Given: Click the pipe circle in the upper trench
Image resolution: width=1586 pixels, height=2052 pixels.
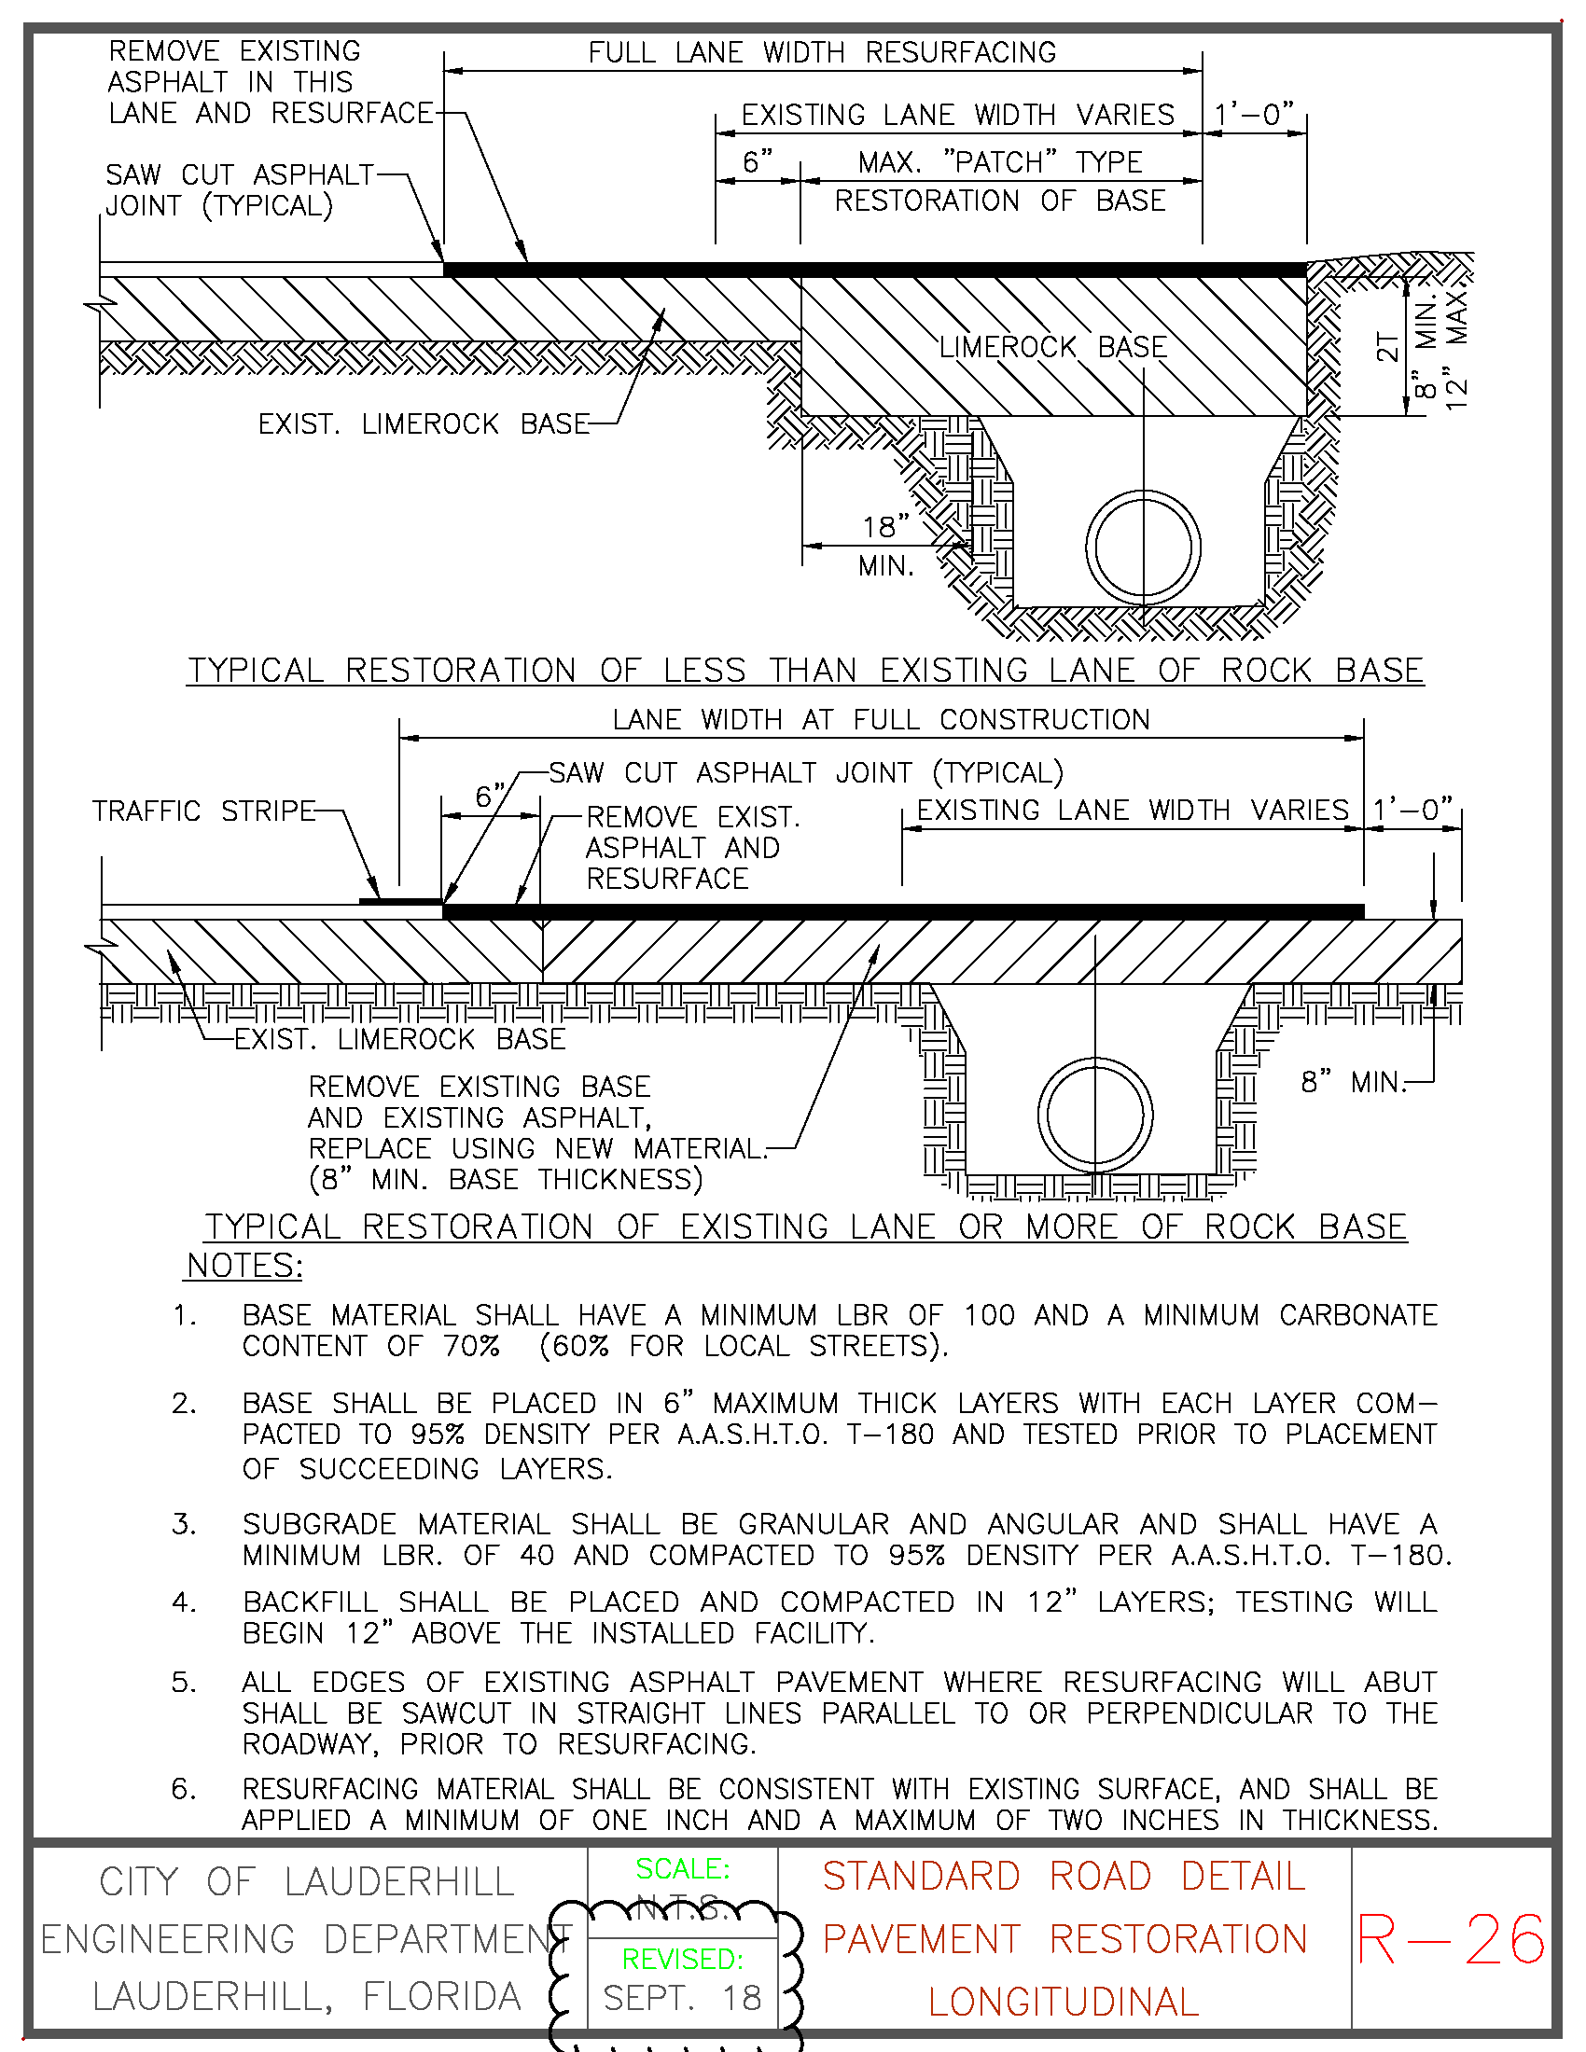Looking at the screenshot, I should click(1144, 547).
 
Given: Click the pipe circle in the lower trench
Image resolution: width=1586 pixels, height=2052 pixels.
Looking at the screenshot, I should click(1095, 1116).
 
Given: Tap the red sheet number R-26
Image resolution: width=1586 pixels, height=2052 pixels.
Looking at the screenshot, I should click(1451, 1940).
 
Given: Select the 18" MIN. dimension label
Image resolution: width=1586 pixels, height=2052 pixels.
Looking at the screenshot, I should click(886, 545).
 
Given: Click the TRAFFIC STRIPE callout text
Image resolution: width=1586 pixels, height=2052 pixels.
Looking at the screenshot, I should click(203, 811).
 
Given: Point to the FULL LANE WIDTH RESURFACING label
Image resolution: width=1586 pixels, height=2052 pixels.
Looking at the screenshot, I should click(822, 52).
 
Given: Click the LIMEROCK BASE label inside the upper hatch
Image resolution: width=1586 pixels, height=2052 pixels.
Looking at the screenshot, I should click(1053, 348).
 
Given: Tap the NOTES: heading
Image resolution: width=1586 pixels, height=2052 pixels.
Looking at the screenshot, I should click(244, 1267).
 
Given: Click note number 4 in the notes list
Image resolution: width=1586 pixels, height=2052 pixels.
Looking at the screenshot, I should click(184, 1601).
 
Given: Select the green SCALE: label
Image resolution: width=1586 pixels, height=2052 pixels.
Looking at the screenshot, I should click(683, 1869).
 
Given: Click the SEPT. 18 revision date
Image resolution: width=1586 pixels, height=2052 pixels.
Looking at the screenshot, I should click(682, 1999).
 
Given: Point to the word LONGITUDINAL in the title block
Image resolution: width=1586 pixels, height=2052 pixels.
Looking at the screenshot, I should click(1064, 2003).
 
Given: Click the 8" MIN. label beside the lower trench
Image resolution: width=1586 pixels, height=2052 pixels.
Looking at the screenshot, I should click(1353, 1082).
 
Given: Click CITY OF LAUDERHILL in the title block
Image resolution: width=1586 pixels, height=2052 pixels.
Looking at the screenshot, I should click(306, 1883).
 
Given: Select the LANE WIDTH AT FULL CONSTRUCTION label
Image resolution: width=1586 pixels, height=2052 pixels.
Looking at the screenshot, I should click(881, 720).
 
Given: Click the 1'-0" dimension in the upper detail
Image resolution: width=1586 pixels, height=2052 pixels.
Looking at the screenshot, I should click(1254, 115).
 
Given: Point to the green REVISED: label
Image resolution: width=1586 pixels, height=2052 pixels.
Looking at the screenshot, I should click(683, 1959).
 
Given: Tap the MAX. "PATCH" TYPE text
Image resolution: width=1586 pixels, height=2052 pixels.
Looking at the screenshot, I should click(1000, 162).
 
